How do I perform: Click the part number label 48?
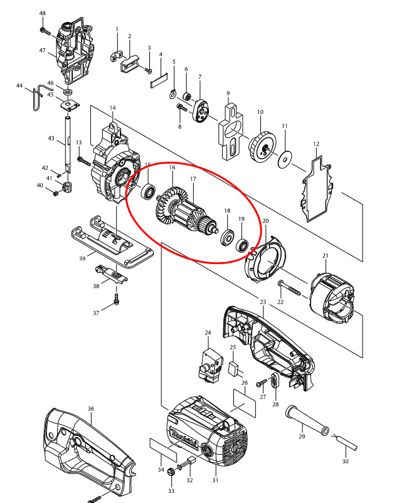tap(43, 13)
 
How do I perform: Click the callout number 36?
tap(91, 409)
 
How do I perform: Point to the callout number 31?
tap(215, 481)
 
